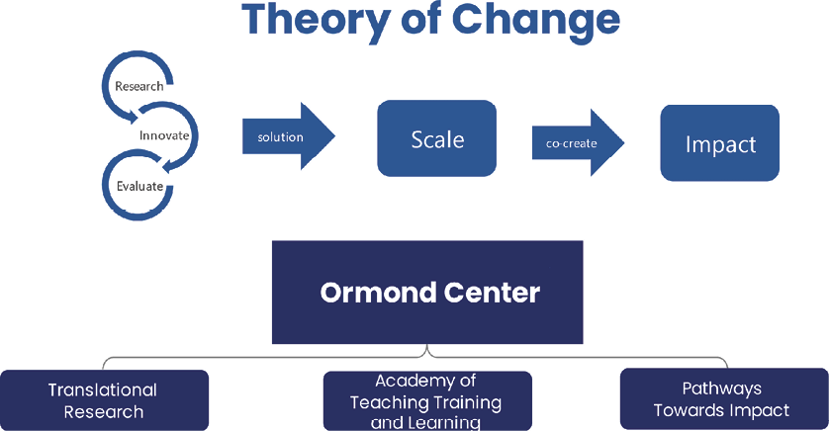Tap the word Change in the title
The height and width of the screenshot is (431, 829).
[536, 21]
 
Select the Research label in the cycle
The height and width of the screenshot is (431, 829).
[139, 86]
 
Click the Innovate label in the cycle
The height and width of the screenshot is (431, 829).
[164, 135]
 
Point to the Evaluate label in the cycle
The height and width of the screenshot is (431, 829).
[139, 186]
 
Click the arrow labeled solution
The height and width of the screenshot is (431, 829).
[289, 136]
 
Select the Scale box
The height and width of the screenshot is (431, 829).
[436, 138]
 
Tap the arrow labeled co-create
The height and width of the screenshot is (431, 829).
[579, 142]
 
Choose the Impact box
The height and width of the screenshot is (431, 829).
[719, 143]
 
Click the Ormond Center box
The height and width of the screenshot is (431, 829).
[427, 292]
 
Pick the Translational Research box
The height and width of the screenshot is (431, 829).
[104, 400]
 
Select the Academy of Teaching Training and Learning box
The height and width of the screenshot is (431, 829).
[427, 401]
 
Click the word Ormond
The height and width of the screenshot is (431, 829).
[378, 293]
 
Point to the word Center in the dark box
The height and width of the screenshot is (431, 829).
[492, 293]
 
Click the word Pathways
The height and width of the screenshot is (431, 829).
[722, 388]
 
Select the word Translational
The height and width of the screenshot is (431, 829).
[103, 389]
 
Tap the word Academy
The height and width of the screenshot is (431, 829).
[411, 381]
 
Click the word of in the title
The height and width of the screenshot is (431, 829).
[421, 21]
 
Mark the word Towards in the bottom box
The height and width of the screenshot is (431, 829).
[687, 410]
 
